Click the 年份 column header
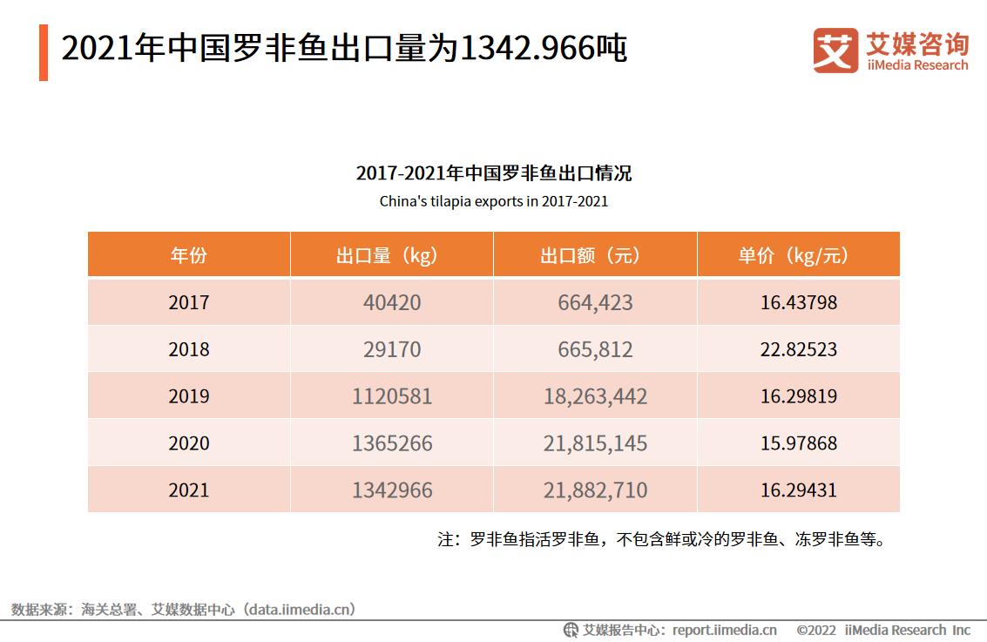pyautogui.click(x=188, y=255)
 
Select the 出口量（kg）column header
pyautogui.click(x=391, y=255)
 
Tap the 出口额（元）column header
pyautogui.click(x=595, y=255)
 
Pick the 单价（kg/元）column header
pyautogui.click(x=798, y=255)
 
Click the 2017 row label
pyautogui.click(x=188, y=303)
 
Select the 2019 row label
pyautogui.click(x=188, y=396)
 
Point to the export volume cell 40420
pyautogui.click(x=391, y=303)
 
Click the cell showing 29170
pyautogui.click(x=391, y=350)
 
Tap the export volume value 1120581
pyautogui.click(x=391, y=396)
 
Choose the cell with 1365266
pyautogui.click(x=391, y=443)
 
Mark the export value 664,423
pyautogui.click(x=595, y=303)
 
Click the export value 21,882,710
pyautogui.click(x=595, y=490)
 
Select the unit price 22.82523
pyautogui.click(x=798, y=350)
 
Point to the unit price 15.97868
pyautogui.click(x=798, y=443)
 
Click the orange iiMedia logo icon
pyautogui.click(x=835, y=51)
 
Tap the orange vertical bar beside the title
pyautogui.click(x=44, y=52)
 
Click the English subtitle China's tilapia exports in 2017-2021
pyautogui.click(x=493, y=201)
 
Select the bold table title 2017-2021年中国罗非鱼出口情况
pyautogui.click(x=493, y=173)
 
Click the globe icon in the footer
pyautogui.click(x=571, y=630)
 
